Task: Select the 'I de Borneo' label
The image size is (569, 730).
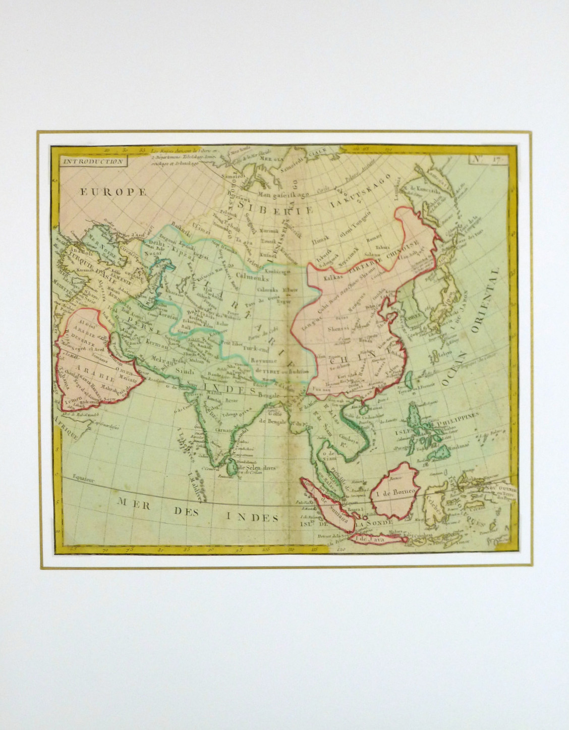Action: tap(395, 491)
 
